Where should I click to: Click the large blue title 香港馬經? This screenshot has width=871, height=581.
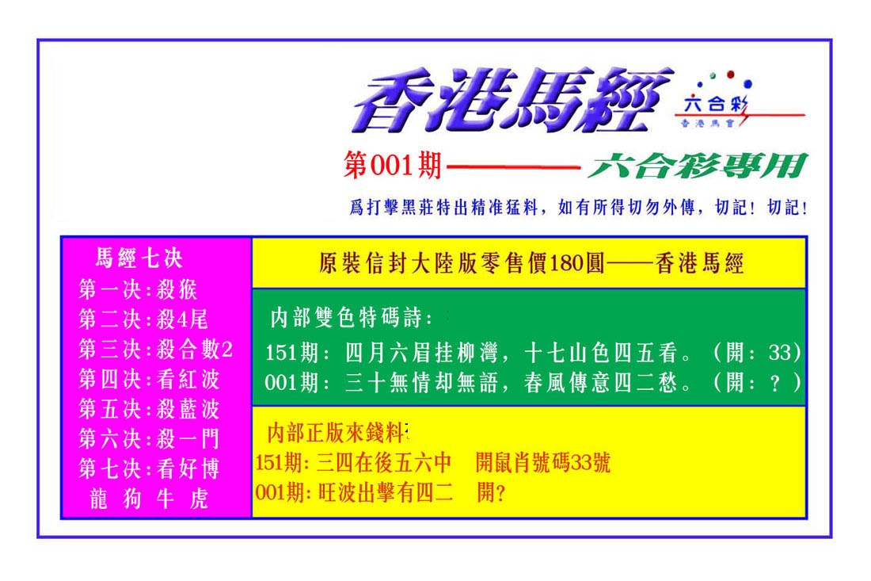512,101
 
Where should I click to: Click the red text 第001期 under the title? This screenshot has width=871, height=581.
392,166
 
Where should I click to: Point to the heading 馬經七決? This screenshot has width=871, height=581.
139,258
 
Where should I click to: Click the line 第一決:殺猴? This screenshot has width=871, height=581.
138,289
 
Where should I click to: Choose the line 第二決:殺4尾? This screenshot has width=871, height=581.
143,319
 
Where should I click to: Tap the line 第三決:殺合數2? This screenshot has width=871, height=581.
155,350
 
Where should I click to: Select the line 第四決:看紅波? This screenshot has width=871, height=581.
149,379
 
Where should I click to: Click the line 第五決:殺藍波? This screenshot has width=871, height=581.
149,409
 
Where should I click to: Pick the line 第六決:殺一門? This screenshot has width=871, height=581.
149,439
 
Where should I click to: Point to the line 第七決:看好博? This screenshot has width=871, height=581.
149,469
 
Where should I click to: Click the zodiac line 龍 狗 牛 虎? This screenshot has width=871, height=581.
148,499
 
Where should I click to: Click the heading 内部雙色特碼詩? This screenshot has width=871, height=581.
351,318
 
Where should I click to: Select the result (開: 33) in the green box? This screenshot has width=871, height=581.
756,352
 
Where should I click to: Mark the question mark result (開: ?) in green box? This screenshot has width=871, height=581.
756,383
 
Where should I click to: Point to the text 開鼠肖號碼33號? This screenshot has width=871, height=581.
543,463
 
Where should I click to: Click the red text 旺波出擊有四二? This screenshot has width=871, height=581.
386,492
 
